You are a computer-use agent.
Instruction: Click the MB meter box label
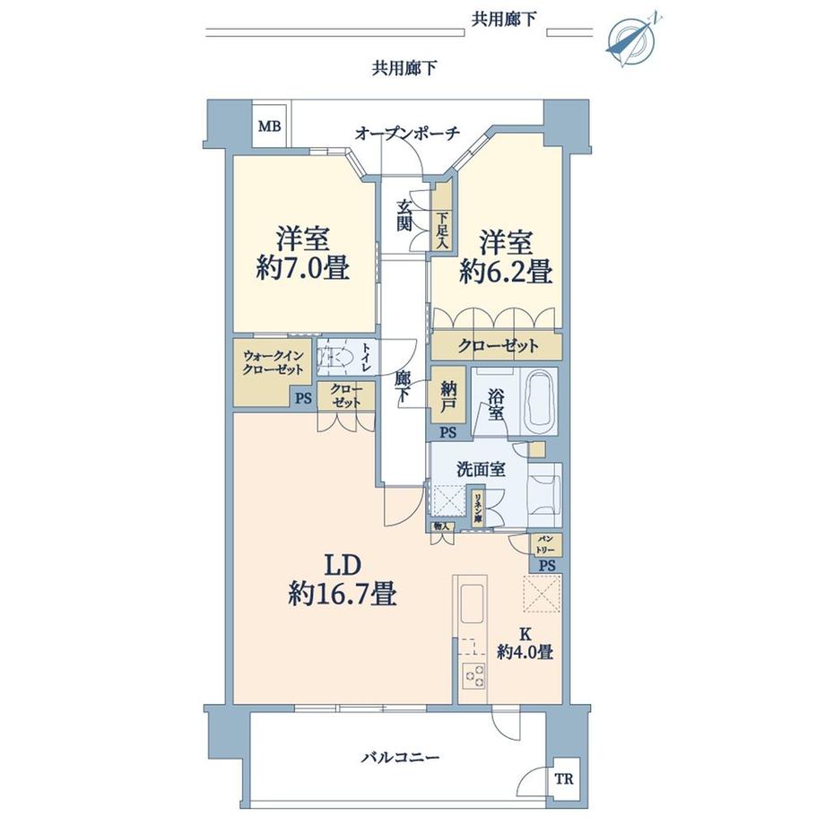[270, 126]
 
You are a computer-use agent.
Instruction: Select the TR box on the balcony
[562, 778]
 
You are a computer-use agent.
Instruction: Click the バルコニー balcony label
[400, 758]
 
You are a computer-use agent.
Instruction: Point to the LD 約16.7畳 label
[343, 580]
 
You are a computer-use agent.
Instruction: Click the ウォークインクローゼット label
[274, 361]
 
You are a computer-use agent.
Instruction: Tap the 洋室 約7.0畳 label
[302, 255]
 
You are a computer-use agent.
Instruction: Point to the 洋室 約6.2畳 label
[505, 256]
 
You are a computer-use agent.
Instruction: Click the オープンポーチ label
[407, 133]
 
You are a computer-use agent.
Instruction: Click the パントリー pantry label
[546, 543]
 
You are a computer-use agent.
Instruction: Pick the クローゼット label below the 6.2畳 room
[498, 345]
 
